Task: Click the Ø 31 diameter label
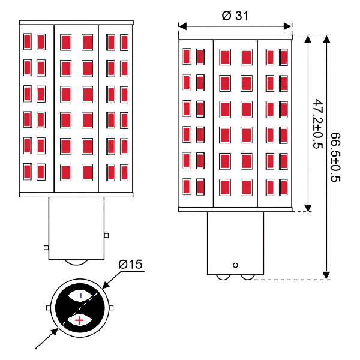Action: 235,16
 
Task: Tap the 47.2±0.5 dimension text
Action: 318,124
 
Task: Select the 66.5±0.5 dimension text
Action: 335,157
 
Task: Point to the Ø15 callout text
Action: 130,264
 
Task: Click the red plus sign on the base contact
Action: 79,320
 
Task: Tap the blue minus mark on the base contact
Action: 80,295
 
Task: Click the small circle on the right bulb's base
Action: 235,265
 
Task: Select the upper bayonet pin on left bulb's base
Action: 106,235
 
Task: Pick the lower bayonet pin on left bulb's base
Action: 46,248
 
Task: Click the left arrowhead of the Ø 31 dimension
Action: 182,26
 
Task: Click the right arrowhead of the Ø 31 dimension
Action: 287,26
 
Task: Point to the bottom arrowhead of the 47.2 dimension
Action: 308,208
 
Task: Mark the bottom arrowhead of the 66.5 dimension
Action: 326,275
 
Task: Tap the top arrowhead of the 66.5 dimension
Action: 326,39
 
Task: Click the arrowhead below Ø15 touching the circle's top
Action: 106,284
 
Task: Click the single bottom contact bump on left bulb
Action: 76,262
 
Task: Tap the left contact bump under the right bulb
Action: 223,277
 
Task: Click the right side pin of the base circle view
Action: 112,308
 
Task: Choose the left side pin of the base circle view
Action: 49,308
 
